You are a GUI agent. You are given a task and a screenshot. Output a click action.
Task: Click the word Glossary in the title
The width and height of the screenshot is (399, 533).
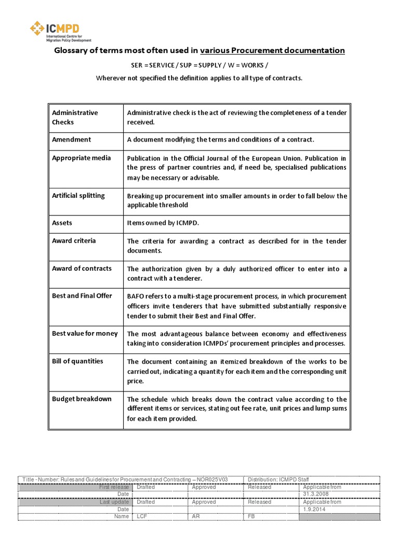pyautogui.click(x=74, y=50)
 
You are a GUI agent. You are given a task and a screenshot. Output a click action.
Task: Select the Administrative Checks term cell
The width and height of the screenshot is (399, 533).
pyautogui.click(x=75, y=117)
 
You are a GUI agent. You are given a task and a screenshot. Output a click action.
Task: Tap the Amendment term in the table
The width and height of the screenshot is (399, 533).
pyautogui.click(x=71, y=139)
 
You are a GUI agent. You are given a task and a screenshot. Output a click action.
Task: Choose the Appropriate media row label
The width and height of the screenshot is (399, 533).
pyautogui.click(x=81, y=158)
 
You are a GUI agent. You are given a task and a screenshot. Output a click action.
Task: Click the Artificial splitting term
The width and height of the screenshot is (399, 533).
pyautogui.click(x=78, y=195)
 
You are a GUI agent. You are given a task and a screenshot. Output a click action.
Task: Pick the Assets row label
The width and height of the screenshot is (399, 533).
pyautogui.click(x=62, y=223)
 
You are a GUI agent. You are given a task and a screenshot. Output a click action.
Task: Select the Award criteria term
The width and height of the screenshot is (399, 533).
pyautogui.click(x=74, y=240)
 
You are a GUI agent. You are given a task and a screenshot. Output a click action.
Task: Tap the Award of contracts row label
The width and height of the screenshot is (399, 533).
pyautogui.click(x=82, y=268)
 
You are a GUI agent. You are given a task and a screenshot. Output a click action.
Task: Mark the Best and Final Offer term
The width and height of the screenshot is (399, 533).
pyautogui.click(x=82, y=296)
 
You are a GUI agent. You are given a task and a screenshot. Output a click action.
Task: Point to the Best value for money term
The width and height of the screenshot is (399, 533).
pyautogui.click(x=85, y=333)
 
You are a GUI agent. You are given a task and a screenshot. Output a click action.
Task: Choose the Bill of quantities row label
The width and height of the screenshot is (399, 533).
pyautogui.click(x=77, y=361)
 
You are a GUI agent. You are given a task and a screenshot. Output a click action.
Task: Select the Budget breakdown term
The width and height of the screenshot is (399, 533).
pyautogui.click(x=82, y=399)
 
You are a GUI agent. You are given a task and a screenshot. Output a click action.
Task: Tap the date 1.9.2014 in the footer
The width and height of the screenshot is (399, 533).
pyautogui.click(x=313, y=509)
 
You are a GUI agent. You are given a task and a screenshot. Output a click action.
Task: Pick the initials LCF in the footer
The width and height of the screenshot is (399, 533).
pyautogui.click(x=142, y=516)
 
